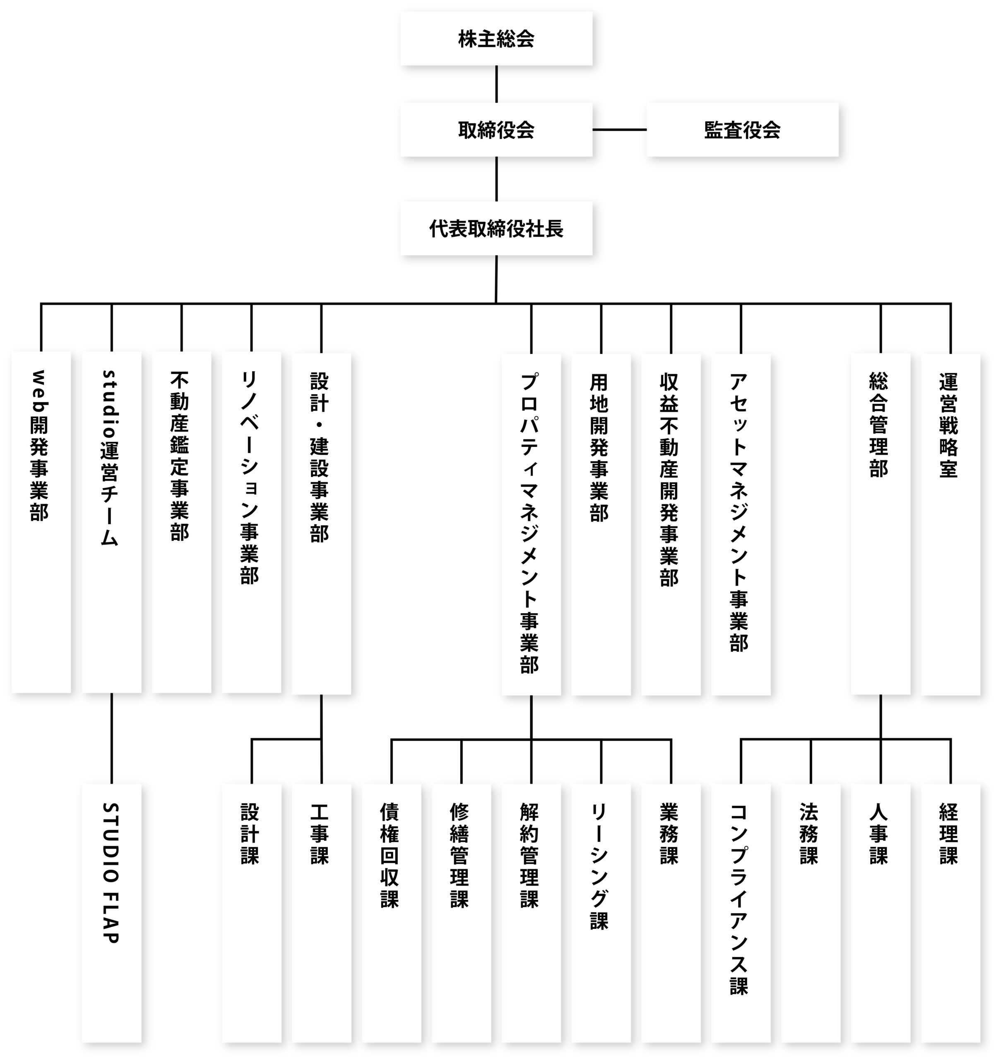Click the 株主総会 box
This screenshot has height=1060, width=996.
(496, 39)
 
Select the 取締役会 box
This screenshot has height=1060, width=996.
(496, 130)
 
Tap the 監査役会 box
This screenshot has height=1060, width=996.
(742, 130)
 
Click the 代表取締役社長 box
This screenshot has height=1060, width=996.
(496, 229)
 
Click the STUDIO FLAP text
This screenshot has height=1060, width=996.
(111, 873)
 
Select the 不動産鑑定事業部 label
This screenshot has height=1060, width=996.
(180, 456)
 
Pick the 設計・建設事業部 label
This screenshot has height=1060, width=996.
(320, 458)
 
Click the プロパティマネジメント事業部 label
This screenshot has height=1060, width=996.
(530, 523)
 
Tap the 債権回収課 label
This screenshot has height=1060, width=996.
(390, 856)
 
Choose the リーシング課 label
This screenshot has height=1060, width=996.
(600, 867)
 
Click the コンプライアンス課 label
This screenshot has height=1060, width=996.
(739, 899)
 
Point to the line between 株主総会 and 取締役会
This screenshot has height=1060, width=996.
(496, 84)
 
